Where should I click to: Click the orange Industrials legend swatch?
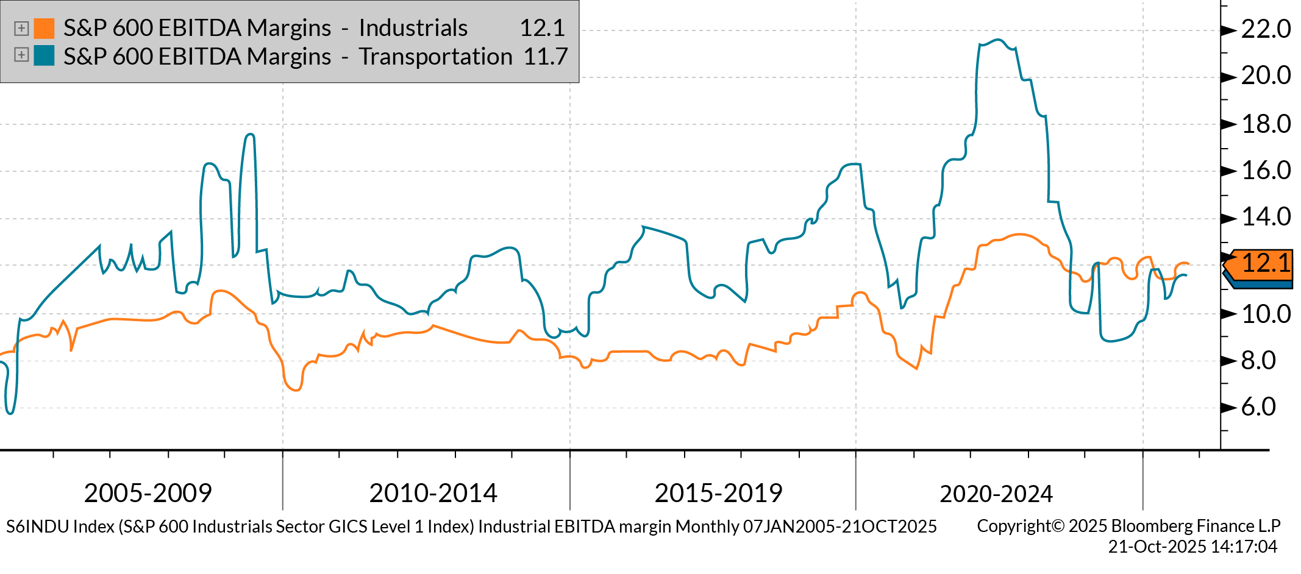click(x=44, y=28)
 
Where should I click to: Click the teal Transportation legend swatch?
click(x=44, y=55)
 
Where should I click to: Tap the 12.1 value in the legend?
click(x=542, y=28)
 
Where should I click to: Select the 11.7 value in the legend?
click(x=545, y=56)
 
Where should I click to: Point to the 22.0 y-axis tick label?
click(x=1266, y=29)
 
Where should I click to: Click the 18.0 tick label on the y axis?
click(x=1266, y=124)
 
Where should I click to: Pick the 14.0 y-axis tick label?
click(x=1266, y=216)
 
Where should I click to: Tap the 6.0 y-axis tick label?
click(x=1258, y=406)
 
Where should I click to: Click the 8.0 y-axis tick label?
click(x=1258, y=360)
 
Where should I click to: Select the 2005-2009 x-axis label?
click(x=148, y=492)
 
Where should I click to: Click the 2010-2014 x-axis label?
click(x=433, y=492)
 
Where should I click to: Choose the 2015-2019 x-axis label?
click(x=718, y=492)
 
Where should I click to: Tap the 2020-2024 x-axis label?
click(x=996, y=493)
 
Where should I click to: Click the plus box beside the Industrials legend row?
click(x=21, y=28)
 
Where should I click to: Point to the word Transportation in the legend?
click(x=435, y=56)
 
